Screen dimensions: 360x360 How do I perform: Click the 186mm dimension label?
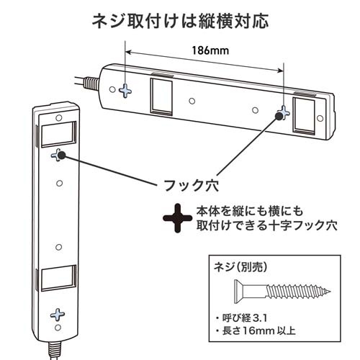[x=210, y=50]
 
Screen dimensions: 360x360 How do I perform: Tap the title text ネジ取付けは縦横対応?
[x=180, y=22]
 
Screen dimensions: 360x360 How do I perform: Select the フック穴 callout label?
[x=191, y=185]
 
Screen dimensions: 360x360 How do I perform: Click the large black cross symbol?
[x=177, y=218]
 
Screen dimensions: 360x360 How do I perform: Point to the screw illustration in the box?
[x=282, y=292]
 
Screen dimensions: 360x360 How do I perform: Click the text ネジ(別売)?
[x=240, y=266]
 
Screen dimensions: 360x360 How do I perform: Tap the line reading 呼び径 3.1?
[x=241, y=318]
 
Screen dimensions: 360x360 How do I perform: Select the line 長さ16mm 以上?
[x=256, y=331]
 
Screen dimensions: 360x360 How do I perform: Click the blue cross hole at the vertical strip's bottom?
[x=58, y=315]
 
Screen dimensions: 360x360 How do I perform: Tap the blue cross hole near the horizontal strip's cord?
[x=125, y=91]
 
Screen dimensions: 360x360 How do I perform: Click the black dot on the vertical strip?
[x=62, y=156]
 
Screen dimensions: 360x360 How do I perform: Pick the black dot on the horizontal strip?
[x=279, y=116]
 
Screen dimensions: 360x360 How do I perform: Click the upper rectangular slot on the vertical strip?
[x=58, y=134]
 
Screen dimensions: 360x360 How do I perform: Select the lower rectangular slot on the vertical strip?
[x=58, y=278]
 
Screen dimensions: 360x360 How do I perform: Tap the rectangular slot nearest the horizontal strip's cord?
[x=161, y=96]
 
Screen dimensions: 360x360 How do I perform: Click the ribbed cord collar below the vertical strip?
[x=55, y=351]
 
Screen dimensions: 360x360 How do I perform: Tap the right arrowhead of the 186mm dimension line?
[x=281, y=70]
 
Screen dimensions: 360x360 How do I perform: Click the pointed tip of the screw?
[x=330, y=292]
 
